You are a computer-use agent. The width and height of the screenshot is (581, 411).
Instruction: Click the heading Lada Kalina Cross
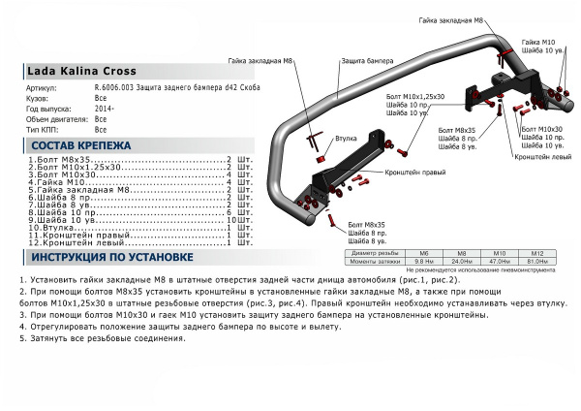(81, 71)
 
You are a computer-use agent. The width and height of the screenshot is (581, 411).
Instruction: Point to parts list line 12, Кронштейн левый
(78, 241)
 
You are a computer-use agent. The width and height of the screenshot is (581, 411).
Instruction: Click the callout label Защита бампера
(367, 60)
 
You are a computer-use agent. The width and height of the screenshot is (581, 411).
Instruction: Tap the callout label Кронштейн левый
(539, 155)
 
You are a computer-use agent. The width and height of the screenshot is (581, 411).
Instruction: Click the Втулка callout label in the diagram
(346, 140)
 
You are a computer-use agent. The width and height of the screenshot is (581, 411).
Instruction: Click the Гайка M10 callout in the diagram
(538, 44)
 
